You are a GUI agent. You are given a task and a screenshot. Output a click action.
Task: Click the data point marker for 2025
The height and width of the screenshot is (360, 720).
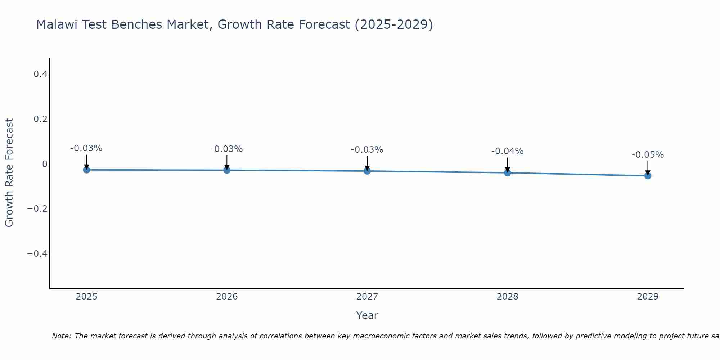pos(86,170)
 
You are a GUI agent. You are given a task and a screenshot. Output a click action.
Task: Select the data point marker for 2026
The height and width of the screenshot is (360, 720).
pos(227,170)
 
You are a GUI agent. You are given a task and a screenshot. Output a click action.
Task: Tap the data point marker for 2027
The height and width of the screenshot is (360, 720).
pos(367,171)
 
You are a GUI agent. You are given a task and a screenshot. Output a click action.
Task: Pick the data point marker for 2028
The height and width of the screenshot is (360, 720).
pos(508,172)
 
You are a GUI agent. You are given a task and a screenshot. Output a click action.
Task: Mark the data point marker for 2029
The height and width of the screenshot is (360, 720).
pos(648,176)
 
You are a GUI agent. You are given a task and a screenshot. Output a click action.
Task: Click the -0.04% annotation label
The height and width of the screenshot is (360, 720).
pos(507,151)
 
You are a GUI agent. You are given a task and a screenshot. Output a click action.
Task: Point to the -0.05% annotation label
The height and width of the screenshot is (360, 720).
pos(648,155)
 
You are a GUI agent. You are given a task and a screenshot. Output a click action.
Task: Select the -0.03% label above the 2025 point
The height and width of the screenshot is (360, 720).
pos(86,148)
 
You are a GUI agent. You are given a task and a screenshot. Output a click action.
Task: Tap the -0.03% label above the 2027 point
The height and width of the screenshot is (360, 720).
pos(367,150)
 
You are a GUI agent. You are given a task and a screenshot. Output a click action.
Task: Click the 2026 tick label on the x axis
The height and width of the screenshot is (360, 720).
pos(227,297)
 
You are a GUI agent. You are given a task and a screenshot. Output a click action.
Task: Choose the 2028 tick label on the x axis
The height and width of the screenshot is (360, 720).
pos(507,297)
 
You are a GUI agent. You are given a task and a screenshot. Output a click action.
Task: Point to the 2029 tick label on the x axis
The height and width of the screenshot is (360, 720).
pos(648,297)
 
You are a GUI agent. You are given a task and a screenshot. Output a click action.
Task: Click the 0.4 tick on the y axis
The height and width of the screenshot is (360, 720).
pos(40,74)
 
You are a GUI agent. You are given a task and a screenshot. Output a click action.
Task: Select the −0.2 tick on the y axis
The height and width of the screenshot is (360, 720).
pos(37,209)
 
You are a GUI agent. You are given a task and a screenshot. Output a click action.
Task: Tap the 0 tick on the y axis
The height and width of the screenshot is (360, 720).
pos(45,164)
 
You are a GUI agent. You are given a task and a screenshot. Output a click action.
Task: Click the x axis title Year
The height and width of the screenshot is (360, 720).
pos(367,315)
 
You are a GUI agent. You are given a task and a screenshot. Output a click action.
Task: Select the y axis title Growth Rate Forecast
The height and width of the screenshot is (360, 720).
pos(9,173)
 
